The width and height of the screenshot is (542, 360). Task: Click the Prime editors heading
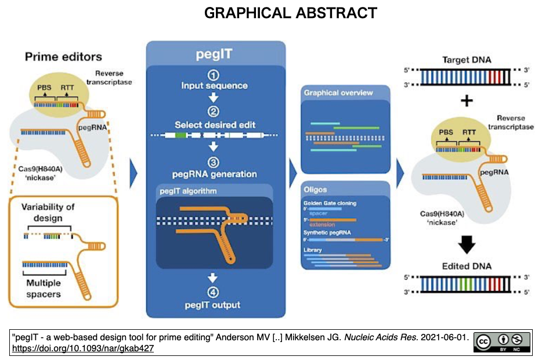click(x=63, y=57)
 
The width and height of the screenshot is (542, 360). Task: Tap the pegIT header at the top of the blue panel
click(x=215, y=57)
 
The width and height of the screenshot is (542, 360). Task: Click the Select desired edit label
click(x=214, y=124)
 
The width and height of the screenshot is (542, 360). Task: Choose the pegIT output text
click(x=213, y=305)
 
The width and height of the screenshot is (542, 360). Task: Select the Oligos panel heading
click(x=316, y=189)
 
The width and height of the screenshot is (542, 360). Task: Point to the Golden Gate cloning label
click(x=330, y=203)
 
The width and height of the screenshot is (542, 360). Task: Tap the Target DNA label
click(x=467, y=60)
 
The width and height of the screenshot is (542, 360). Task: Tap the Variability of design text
click(x=48, y=213)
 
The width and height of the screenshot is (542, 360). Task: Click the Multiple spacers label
click(x=44, y=289)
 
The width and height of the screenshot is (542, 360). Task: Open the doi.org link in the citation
click(x=82, y=348)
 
